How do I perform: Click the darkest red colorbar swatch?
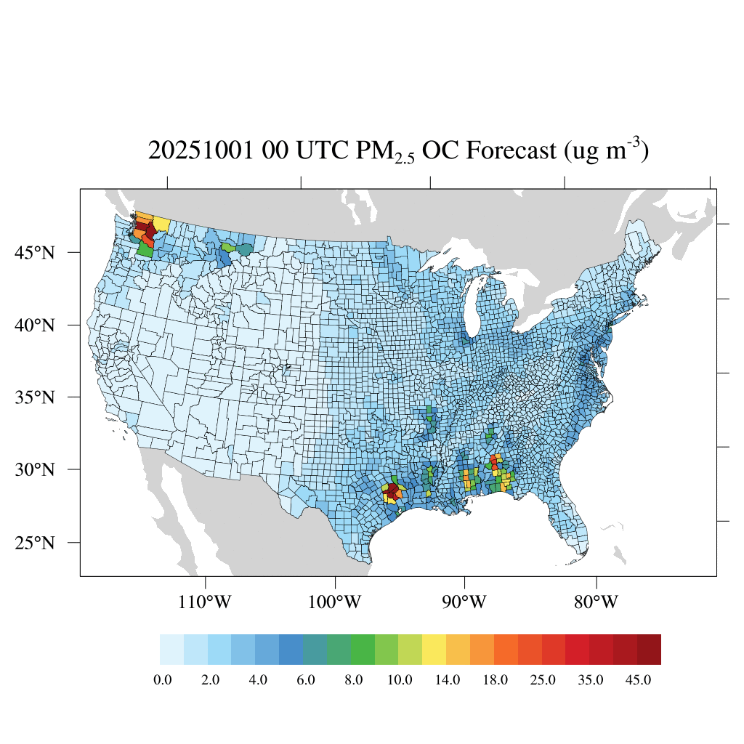point(649,650)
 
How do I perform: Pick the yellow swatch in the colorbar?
point(434,650)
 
